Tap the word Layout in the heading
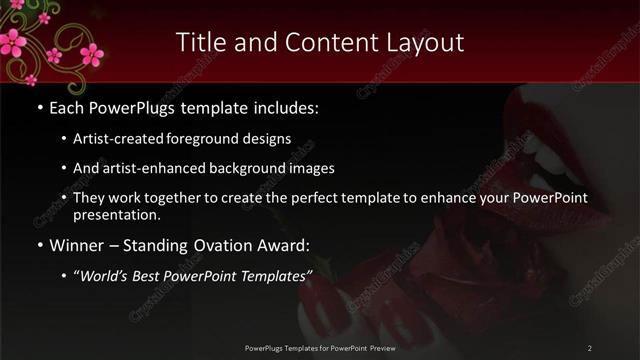[427, 42]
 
